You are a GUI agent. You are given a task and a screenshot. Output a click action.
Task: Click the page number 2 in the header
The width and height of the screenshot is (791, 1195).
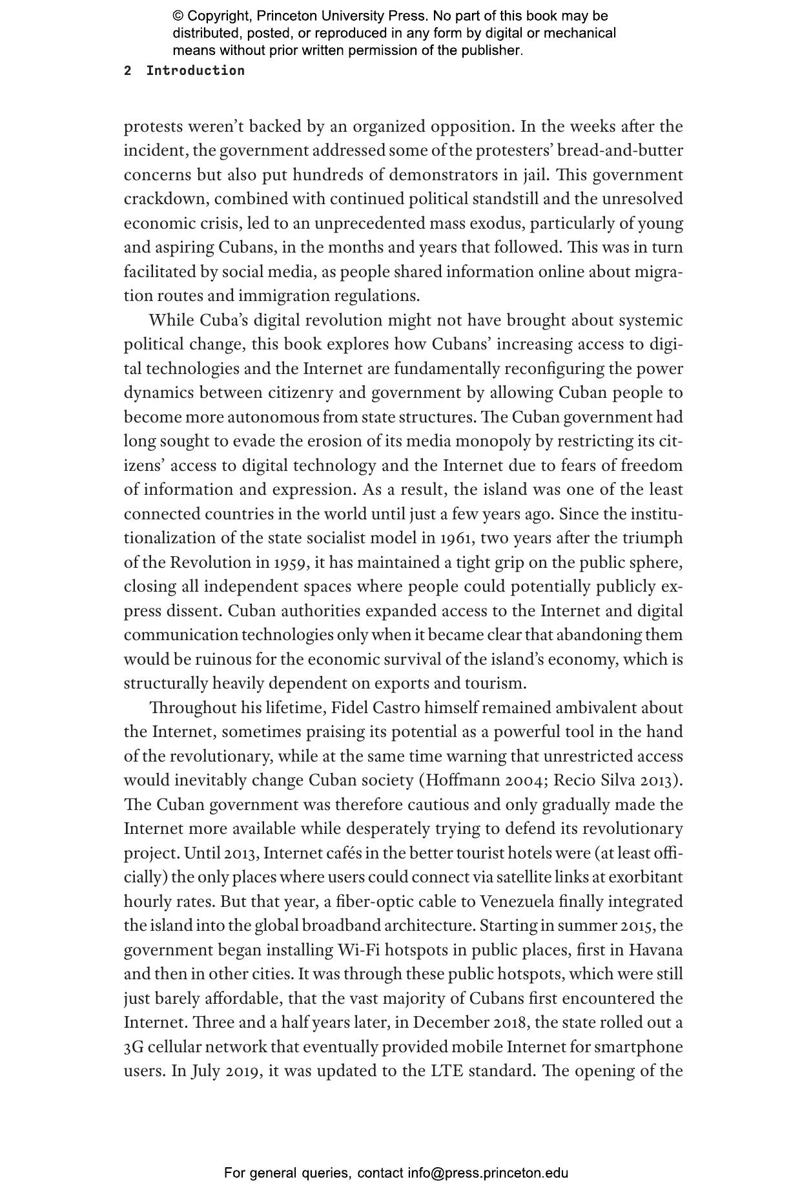128,71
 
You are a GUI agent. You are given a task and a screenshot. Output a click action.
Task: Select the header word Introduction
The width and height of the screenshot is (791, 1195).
195,71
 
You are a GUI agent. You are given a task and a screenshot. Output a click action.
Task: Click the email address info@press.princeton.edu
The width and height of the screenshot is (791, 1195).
488,1173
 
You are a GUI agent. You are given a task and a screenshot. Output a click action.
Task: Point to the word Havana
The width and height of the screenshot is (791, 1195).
655,950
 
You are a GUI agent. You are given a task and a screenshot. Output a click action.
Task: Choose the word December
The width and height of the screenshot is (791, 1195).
452,1023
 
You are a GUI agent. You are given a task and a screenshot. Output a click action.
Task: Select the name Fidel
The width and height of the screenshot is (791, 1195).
349,708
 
